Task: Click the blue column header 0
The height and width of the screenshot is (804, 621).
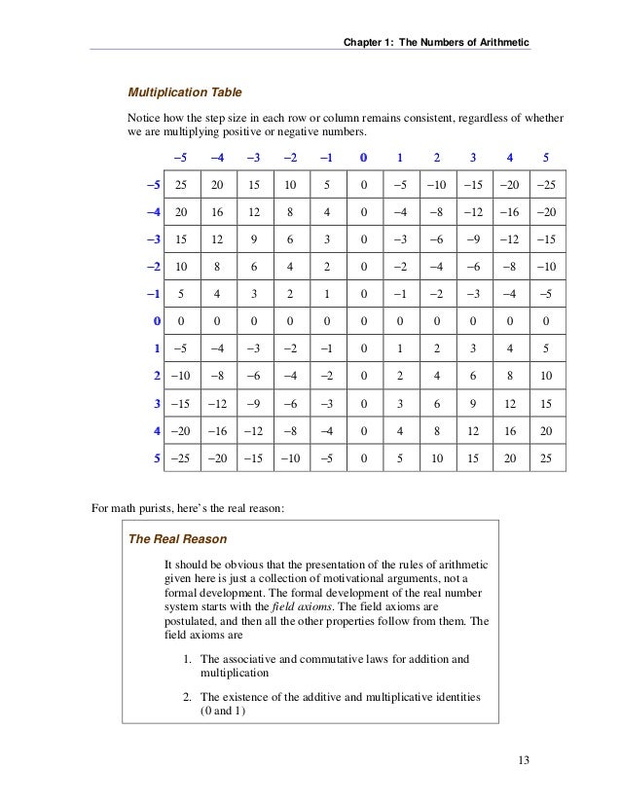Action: click(363, 157)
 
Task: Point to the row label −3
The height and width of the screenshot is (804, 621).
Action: click(153, 238)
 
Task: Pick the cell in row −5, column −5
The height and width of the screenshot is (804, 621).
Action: click(181, 184)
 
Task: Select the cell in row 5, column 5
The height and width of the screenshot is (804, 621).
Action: click(545, 455)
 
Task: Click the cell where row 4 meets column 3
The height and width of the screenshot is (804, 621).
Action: click(472, 427)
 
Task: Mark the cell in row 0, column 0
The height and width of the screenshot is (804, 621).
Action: click(363, 319)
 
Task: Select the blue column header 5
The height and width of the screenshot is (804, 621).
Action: click(545, 157)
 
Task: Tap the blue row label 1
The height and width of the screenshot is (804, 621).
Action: click(156, 347)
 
